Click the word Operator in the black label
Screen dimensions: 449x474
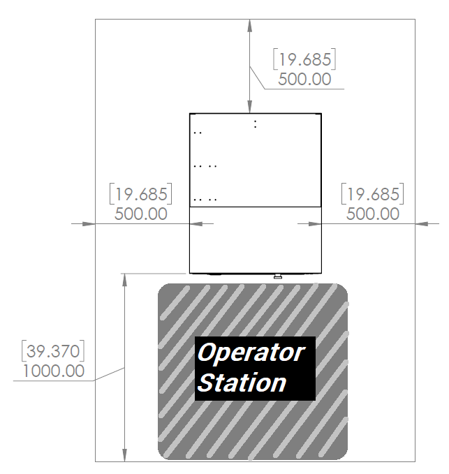[251, 353]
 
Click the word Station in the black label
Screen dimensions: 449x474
[242, 383]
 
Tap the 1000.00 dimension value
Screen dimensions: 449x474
[54, 371]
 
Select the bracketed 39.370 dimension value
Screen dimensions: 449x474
[53, 351]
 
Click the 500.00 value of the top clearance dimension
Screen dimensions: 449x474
[304, 79]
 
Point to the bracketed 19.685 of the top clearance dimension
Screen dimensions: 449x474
[304, 59]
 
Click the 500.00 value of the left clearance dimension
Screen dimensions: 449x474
[141, 214]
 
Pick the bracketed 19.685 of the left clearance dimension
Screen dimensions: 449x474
[140, 194]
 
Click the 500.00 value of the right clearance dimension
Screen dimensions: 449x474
[373, 214]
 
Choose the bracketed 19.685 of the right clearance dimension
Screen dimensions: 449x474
[372, 194]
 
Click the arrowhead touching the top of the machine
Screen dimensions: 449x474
[249, 107]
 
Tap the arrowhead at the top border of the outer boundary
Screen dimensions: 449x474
[249, 26]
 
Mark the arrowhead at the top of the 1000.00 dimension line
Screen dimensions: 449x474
[124, 280]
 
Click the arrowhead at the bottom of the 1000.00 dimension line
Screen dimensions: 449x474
[124, 455]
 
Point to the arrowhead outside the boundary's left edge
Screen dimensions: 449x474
[89, 223]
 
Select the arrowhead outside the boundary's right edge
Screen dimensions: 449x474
[422, 223]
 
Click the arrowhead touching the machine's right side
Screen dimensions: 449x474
[315, 223]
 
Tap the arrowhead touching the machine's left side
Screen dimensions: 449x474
[196, 223]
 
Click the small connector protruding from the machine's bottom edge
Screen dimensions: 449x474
[278, 276]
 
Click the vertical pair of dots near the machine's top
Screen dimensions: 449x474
[255, 124]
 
